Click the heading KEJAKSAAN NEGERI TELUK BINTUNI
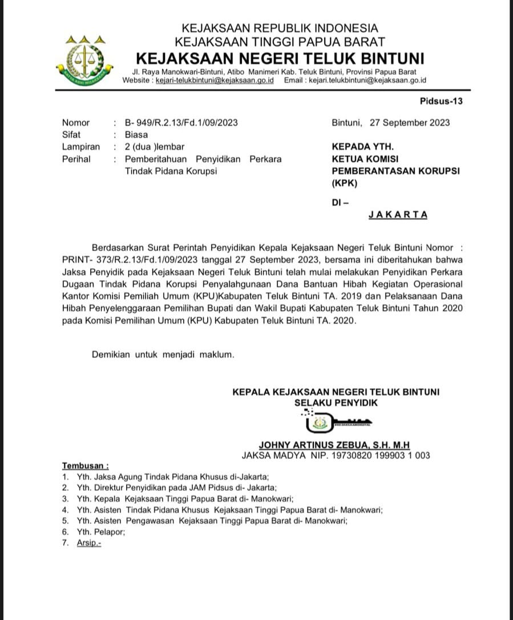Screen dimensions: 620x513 point(280,58)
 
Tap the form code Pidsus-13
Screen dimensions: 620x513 point(441,102)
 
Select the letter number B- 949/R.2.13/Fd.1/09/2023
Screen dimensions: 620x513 point(181,123)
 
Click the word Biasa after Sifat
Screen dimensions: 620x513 point(136,135)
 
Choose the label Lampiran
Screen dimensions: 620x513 point(80,147)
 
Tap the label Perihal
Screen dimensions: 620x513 point(76,159)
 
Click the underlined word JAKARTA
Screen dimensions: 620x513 point(398,215)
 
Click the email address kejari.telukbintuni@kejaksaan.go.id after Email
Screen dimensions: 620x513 point(367,81)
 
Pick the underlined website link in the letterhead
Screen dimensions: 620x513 point(215,81)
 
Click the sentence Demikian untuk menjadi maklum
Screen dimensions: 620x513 point(163,355)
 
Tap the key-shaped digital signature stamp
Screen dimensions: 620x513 point(337,422)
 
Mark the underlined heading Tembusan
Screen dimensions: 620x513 point(85,466)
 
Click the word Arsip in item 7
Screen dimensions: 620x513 point(88,543)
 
